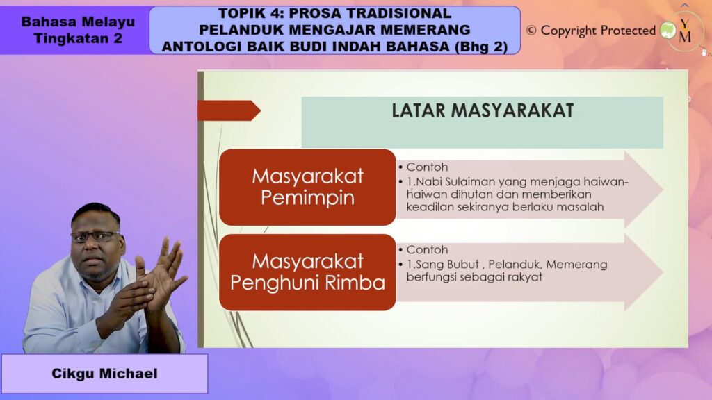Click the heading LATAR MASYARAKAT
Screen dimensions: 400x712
click(483, 110)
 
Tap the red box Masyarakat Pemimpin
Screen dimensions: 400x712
click(307, 187)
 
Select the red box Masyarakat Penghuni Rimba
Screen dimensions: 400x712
click(307, 272)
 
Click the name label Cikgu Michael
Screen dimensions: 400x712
click(104, 374)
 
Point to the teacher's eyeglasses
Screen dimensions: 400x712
click(95, 236)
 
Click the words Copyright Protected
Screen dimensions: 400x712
click(598, 31)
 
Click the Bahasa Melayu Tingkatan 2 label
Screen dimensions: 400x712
click(78, 30)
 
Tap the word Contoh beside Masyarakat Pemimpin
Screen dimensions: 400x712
click(428, 168)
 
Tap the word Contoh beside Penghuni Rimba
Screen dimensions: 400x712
click(428, 250)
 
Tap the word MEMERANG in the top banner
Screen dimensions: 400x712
click(430, 30)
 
